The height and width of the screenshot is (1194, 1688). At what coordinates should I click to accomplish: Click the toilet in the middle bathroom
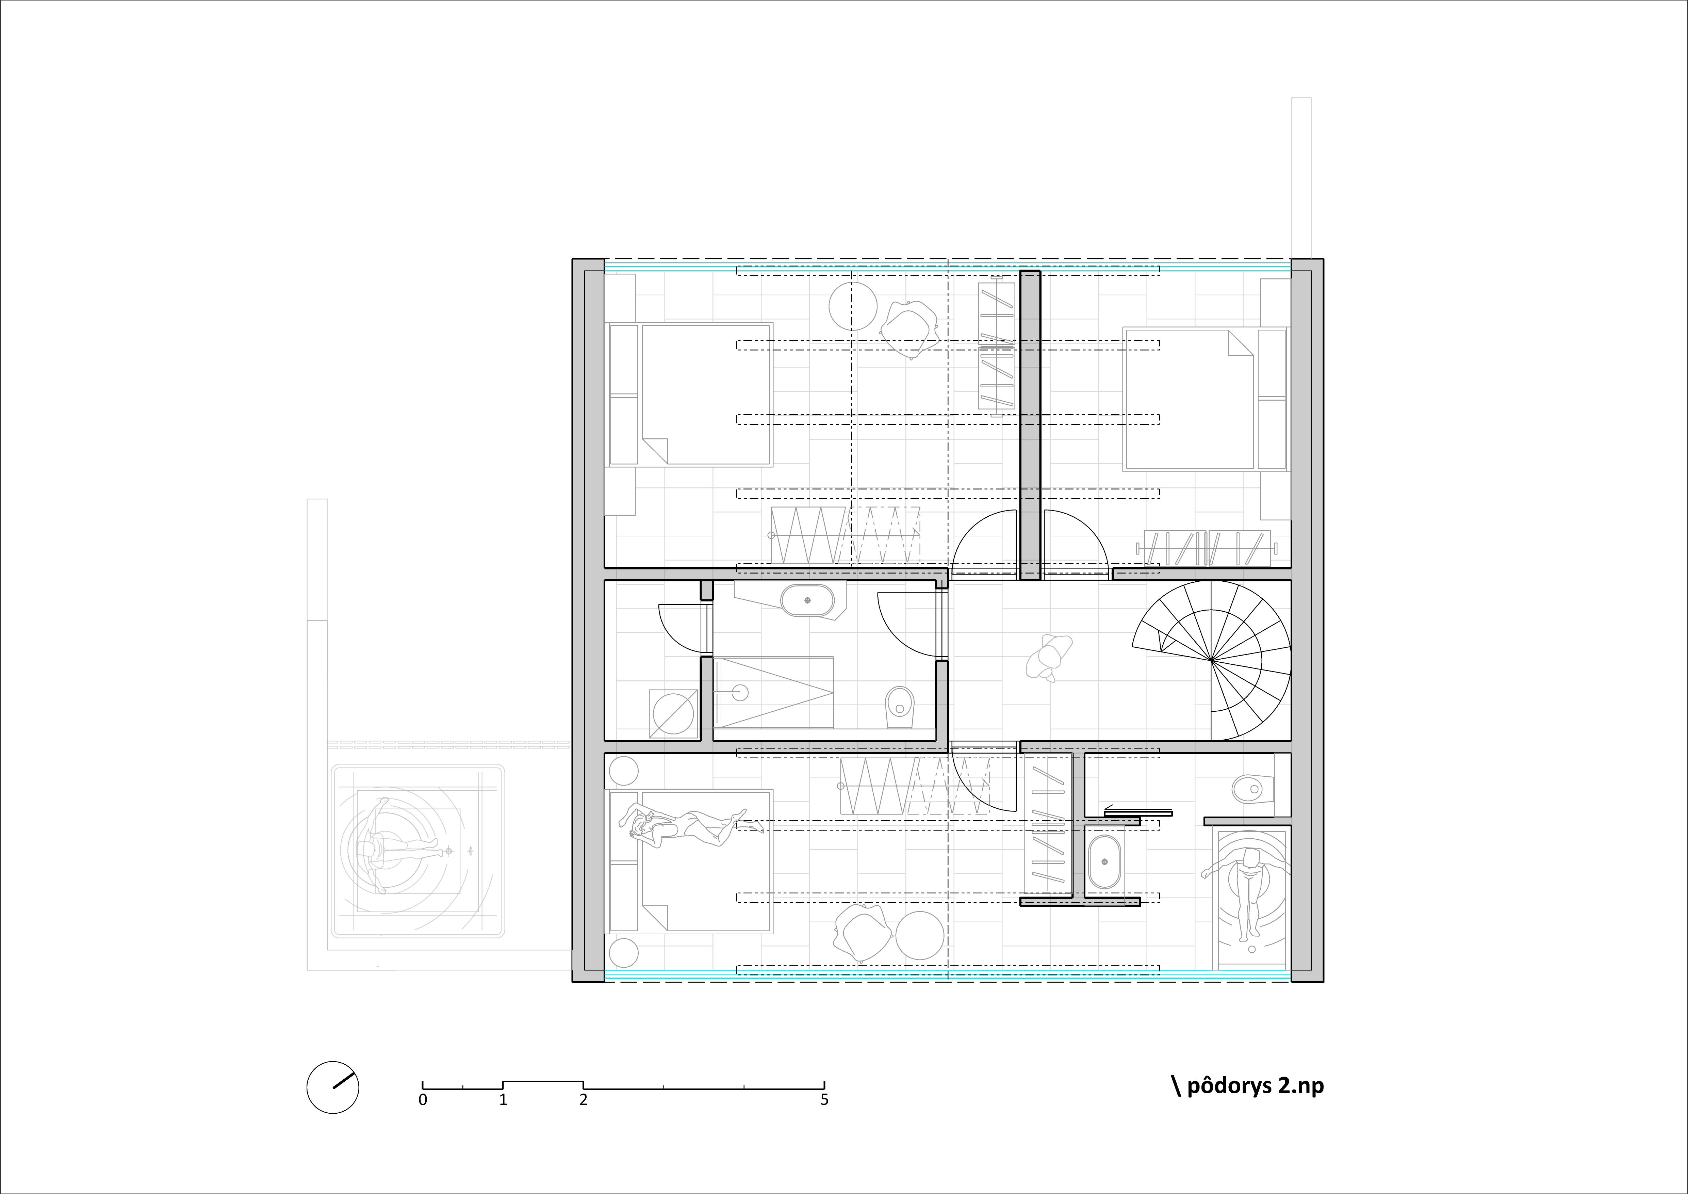pos(898,702)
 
